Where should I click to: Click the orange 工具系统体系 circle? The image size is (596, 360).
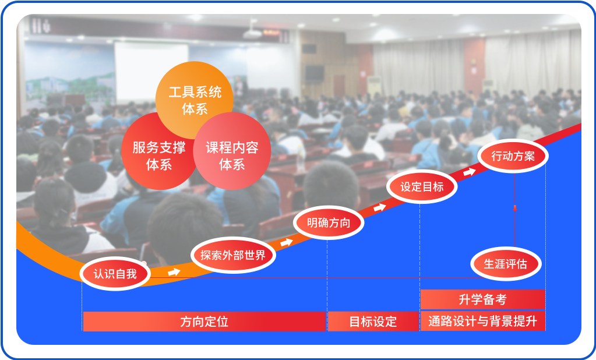point(194,100)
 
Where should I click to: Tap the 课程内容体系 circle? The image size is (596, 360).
point(232,151)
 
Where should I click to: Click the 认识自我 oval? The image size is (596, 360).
point(115,274)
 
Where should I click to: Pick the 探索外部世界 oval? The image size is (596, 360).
point(233,255)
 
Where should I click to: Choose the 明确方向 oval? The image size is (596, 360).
point(329,223)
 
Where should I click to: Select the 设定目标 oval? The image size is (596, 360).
point(422,186)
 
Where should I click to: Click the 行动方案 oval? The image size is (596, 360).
point(513,156)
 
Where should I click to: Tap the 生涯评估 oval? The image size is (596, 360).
point(506,264)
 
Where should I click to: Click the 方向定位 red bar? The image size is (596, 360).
point(204,322)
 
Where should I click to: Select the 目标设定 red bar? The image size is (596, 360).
point(373,322)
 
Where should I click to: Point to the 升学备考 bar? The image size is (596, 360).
point(483,299)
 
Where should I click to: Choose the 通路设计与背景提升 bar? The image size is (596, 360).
point(483,321)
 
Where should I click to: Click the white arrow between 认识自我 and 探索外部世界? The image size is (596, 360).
point(174,272)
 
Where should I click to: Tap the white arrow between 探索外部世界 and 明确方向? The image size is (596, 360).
point(287,242)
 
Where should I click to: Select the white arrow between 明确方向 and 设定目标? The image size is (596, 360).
point(380,207)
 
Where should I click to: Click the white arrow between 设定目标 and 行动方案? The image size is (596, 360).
point(470,172)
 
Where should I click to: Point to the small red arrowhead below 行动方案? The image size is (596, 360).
point(515,209)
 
